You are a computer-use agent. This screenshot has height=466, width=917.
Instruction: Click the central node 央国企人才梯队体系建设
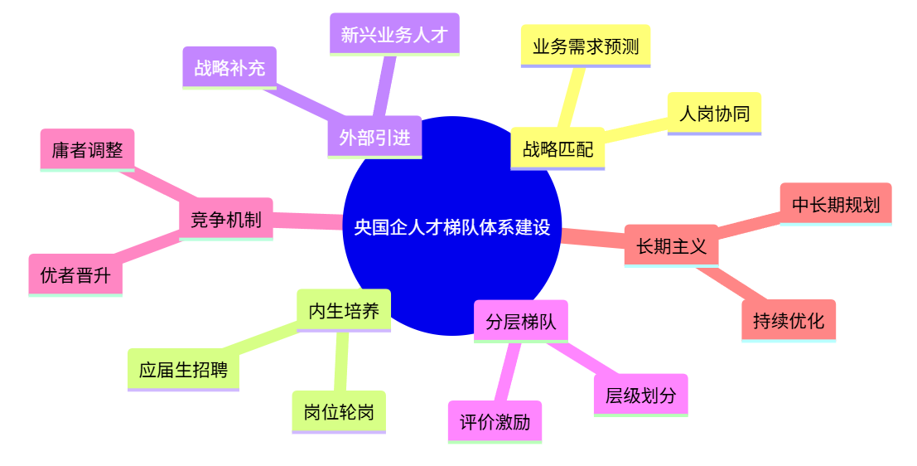[452, 226]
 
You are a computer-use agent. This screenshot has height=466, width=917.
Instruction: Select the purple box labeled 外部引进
[375, 137]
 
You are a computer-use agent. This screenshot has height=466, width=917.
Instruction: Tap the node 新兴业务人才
[395, 34]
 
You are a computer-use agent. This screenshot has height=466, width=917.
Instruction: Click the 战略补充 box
[229, 68]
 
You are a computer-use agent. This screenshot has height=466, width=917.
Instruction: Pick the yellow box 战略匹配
[558, 148]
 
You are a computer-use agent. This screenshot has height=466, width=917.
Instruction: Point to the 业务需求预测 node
[586, 46]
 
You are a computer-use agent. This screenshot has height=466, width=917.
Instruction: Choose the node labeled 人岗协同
[715, 114]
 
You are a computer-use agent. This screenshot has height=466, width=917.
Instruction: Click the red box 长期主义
[671, 246]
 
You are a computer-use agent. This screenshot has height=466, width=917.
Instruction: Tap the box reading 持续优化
[789, 321]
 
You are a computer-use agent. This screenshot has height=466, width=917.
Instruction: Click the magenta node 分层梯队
[521, 322]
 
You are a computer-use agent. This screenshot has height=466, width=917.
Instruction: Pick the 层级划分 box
[641, 396]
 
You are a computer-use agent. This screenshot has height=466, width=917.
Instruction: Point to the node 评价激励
[495, 422]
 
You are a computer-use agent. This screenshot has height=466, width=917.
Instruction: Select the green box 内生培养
[344, 311]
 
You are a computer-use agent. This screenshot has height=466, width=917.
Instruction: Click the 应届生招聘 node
[184, 370]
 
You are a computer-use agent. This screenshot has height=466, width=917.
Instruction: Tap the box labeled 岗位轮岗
[339, 412]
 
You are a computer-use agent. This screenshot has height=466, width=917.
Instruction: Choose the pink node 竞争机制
[226, 219]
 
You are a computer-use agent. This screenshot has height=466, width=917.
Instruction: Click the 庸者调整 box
[88, 150]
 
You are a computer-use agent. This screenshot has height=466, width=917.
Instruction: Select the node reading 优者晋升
[75, 275]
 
